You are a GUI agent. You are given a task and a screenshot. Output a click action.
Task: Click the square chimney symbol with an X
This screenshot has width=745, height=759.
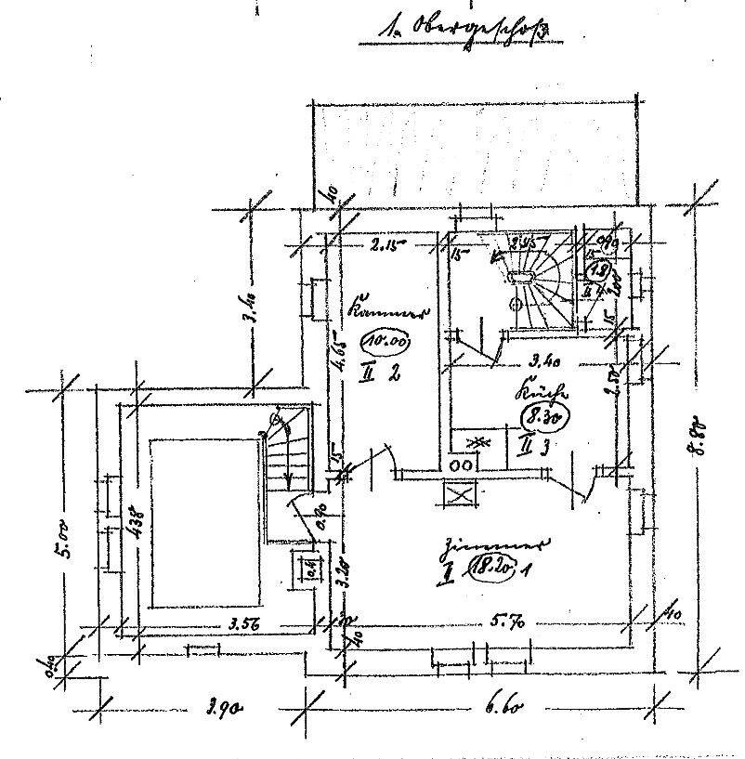pos(459,493)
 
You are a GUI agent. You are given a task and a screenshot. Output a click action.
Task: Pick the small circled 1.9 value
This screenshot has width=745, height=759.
pos(600,271)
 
